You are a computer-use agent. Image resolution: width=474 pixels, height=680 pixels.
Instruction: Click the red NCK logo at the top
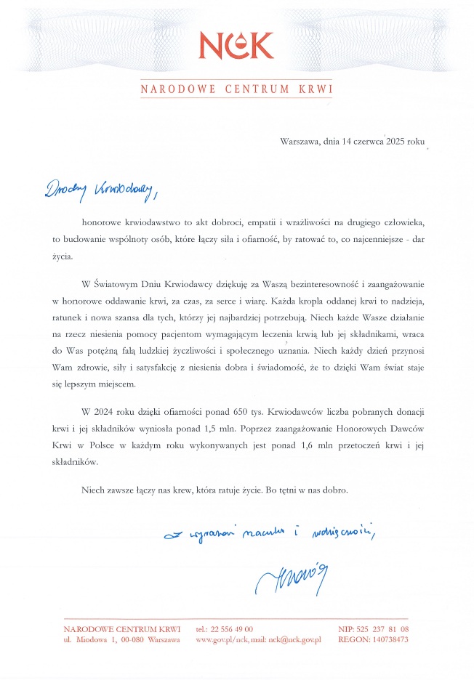[236, 45]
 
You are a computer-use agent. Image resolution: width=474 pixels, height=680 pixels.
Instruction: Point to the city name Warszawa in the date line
[300, 142]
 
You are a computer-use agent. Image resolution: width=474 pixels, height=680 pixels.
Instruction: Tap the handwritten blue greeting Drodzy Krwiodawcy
[100, 190]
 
